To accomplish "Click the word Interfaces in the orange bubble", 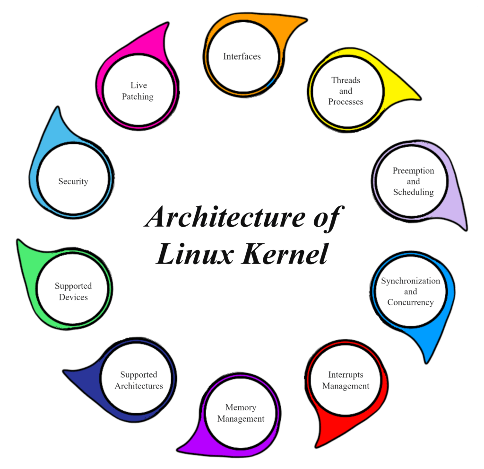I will click(242, 56).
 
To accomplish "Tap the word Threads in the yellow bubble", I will click(346, 80).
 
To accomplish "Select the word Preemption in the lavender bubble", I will click(413, 170).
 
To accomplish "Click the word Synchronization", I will click(410, 281).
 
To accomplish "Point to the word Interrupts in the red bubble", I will click(346, 375).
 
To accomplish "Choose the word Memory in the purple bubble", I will click(241, 407).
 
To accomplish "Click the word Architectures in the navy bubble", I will click(138, 386).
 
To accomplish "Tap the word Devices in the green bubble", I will click(73, 297).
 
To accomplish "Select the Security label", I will click(73, 181).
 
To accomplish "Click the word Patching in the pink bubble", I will click(138, 97).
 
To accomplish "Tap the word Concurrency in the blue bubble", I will click(410, 302).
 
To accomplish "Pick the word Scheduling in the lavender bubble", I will click(413, 192).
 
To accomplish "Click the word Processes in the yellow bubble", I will click(346, 102).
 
